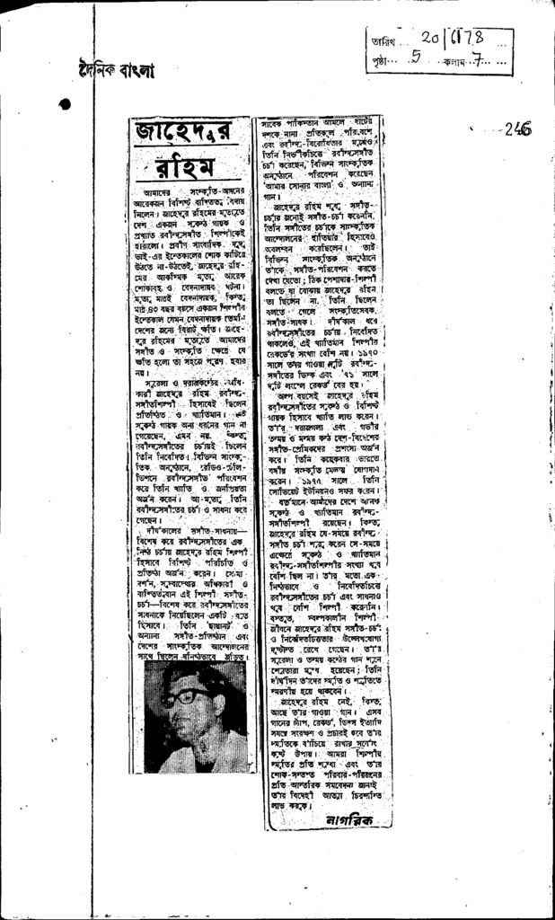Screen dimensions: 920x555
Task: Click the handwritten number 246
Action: click(x=517, y=129)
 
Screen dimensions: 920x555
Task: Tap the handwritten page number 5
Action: click(x=415, y=62)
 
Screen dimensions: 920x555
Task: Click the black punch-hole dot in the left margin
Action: click(x=65, y=105)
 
